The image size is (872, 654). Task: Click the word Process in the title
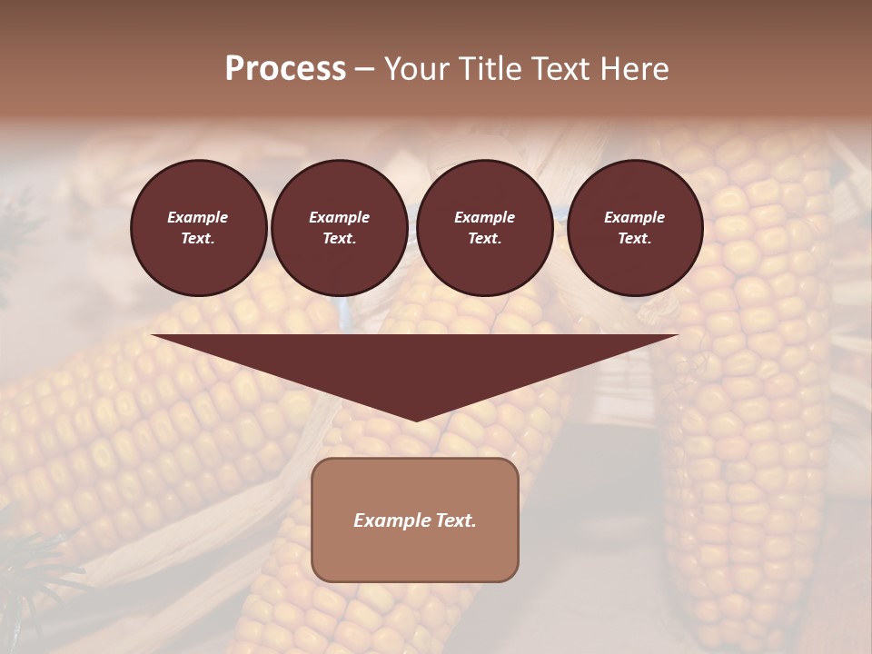pos(285,69)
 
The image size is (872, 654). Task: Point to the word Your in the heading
pos(414,69)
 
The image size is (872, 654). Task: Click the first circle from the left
pos(198,227)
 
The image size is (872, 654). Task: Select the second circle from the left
pos(339,227)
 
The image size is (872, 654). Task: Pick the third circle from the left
pos(484,227)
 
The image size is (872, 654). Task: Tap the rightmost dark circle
pos(634,227)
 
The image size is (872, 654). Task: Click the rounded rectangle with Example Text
pos(415,520)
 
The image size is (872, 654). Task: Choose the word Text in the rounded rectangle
pos(455,520)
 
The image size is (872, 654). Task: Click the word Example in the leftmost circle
pos(198,217)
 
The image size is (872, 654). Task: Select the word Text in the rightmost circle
pos(634,239)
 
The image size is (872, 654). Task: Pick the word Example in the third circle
pos(484,217)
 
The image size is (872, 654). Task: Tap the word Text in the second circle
pos(339,239)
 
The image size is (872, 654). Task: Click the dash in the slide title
pos(364,69)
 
